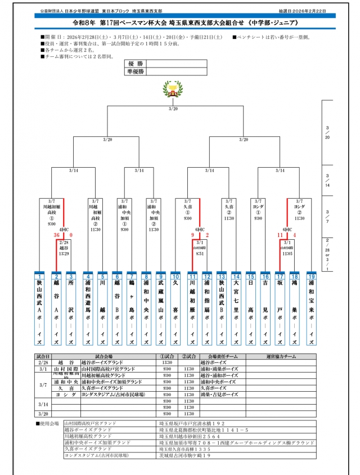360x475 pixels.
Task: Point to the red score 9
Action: click(193, 235)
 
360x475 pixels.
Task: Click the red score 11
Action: click(280, 235)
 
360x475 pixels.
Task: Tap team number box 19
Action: click(311, 277)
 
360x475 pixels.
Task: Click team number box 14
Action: click(236, 277)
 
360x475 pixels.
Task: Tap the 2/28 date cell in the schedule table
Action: click(43, 363)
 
